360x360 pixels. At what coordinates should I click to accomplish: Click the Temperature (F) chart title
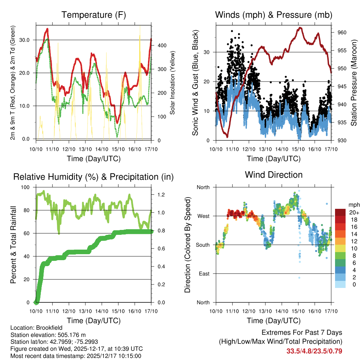[x=94, y=15]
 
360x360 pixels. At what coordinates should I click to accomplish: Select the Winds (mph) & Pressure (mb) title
[x=274, y=15]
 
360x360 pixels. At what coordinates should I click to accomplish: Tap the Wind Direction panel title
[x=274, y=175]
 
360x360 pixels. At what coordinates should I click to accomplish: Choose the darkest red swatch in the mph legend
[x=340, y=212]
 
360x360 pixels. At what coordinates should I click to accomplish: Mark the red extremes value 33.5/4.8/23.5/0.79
[x=314, y=351]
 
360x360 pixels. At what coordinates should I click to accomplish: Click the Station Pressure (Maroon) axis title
[x=354, y=82]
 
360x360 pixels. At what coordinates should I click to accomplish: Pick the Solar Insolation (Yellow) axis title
[x=172, y=82]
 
